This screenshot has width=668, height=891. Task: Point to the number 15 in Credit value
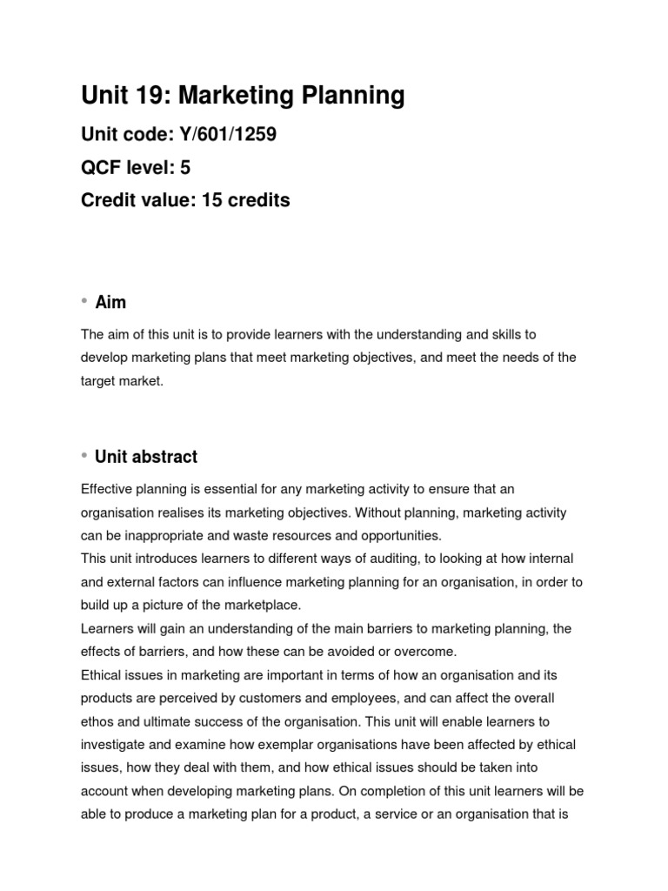[212, 200]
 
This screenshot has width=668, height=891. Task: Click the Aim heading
[110, 303]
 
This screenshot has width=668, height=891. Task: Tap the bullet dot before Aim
[85, 301]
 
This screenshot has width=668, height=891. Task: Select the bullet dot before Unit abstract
[85, 455]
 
